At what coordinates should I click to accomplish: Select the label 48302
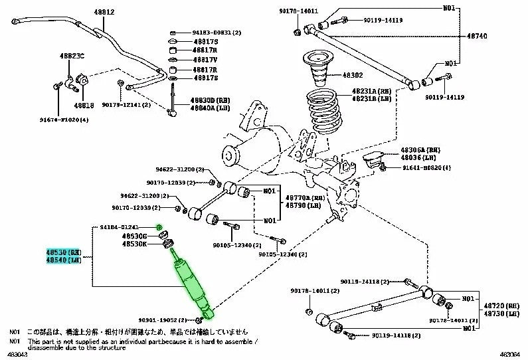pyautogui.click(x=352, y=76)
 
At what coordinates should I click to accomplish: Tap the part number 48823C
pyautogui.click(x=72, y=56)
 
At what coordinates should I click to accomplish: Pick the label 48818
pyautogui.click(x=84, y=105)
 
